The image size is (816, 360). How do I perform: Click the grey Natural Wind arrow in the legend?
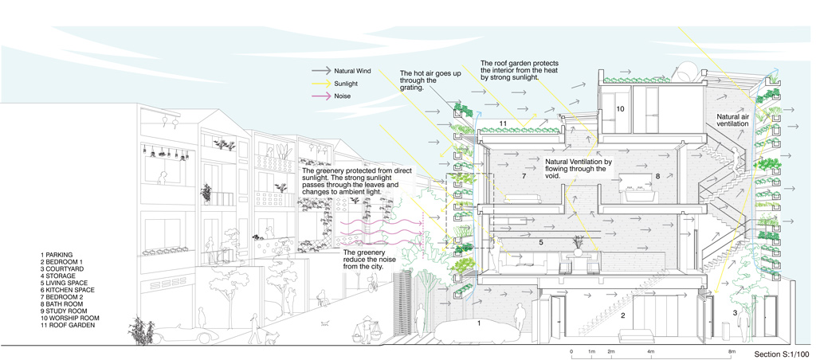pos(321,70)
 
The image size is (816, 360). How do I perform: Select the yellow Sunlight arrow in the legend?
pos(321,83)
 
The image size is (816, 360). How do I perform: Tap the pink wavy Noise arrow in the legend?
pos(321,96)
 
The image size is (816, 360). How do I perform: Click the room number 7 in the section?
pos(524,174)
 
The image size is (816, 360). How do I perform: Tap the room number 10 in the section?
pos(620,108)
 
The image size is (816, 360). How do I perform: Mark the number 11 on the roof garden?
pos(503,123)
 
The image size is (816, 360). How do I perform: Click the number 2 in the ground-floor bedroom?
pos(622,315)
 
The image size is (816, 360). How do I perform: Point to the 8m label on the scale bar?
pos(731,351)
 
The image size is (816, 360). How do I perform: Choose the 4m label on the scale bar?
pos(651,351)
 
